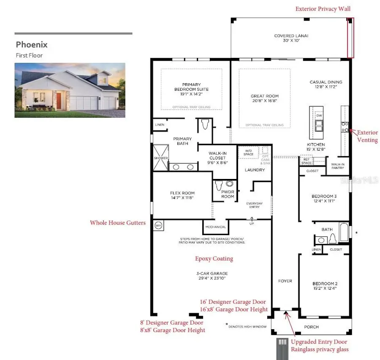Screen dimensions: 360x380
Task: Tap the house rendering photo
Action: click(x=70, y=90)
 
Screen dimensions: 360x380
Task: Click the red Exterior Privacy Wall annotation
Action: click(x=323, y=8)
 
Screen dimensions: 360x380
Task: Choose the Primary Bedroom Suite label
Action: click(x=192, y=89)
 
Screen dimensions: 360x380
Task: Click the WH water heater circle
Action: click(x=158, y=225)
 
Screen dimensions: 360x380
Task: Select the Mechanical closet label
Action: click(x=216, y=227)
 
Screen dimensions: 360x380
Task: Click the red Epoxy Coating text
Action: click(x=214, y=258)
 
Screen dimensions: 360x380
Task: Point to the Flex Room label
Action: click(x=182, y=195)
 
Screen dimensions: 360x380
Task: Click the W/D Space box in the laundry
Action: click(x=249, y=152)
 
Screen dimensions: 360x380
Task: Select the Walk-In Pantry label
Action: click(x=337, y=166)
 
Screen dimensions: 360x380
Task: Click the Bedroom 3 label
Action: click(x=324, y=198)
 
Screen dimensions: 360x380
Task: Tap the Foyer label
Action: click(x=285, y=281)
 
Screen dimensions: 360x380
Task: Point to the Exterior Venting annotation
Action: click(x=367, y=136)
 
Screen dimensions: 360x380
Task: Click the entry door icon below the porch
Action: click(x=282, y=349)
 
